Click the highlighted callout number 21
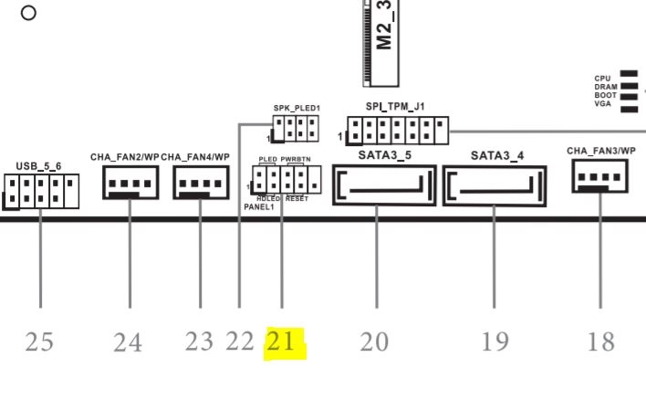pos(282,342)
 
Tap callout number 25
pos(39,342)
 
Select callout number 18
pos(600,342)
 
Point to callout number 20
pos(374,342)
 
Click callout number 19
pos(495,342)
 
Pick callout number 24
pos(129,343)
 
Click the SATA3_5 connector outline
pos(379,186)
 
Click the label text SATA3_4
pos(497,156)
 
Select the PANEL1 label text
pos(259,207)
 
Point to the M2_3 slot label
pos(386,27)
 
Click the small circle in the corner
pos(28,13)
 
